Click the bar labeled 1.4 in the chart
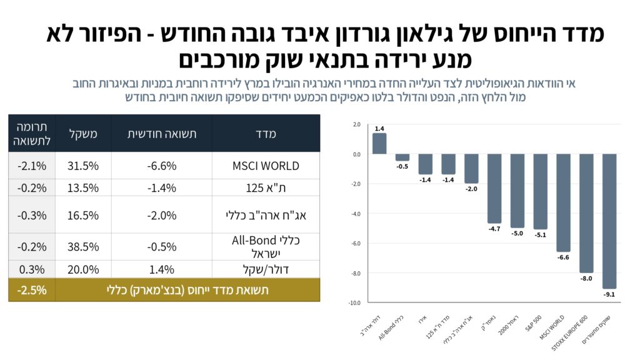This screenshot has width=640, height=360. (x=379, y=143)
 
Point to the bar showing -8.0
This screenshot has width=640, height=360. (x=586, y=212)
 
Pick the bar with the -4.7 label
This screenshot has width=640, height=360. (x=494, y=188)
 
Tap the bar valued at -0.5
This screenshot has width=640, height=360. (x=402, y=157)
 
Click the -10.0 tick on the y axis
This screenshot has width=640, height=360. (x=354, y=303)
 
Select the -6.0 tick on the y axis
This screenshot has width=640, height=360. (x=354, y=244)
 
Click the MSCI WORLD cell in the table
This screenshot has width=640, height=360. (x=266, y=166)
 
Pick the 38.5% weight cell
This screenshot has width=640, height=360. (x=83, y=246)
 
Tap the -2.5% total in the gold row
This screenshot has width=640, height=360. (x=31, y=290)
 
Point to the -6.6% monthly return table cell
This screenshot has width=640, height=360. (x=162, y=166)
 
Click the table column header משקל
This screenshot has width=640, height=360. (x=83, y=134)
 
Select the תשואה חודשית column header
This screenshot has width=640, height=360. (x=162, y=134)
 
